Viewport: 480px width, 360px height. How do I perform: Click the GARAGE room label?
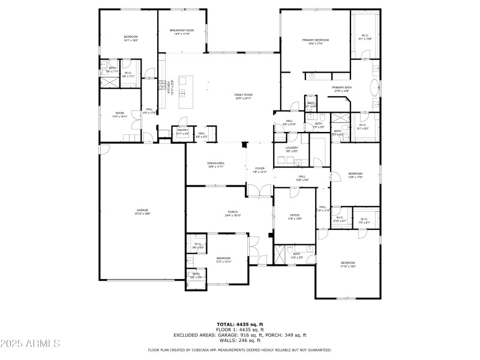click(142, 210)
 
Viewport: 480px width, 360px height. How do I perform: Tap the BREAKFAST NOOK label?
click(182, 30)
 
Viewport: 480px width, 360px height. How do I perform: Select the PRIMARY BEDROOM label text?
click(315, 40)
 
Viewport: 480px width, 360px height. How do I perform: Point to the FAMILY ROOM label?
click(243, 95)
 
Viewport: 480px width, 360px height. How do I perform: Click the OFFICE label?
click(294, 215)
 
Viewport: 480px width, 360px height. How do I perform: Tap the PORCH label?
click(232, 212)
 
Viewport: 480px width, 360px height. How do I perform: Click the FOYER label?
click(259, 169)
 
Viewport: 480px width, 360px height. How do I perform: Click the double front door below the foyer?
click(259, 191)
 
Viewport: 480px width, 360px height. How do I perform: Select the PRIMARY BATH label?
click(342, 88)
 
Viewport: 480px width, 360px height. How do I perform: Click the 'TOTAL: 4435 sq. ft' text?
click(240, 324)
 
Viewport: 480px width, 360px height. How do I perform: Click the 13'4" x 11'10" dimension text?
click(182, 34)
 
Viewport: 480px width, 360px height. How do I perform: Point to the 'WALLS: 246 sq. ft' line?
click(240, 340)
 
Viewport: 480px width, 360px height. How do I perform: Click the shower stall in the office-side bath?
click(282, 254)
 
